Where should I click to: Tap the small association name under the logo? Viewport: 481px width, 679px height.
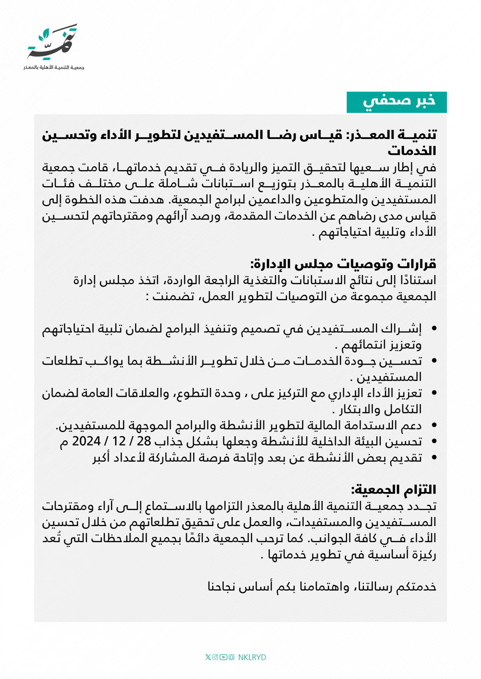pyautogui.click(x=54, y=67)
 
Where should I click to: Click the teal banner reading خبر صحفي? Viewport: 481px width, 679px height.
pyautogui.click(x=396, y=102)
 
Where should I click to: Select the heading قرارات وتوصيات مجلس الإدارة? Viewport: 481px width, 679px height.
pyautogui.click(x=343, y=264)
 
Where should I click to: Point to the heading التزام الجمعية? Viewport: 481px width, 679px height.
pyautogui.click(x=393, y=490)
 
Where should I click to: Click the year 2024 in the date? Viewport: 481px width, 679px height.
pyautogui.click(x=86, y=441)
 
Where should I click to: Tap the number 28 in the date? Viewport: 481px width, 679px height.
pyautogui.click(x=144, y=441)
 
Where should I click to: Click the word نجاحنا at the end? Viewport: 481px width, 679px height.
pyautogui.click(x=225, y=587)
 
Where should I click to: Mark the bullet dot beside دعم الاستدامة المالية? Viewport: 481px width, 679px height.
pyautogui.click(x=434, y=426)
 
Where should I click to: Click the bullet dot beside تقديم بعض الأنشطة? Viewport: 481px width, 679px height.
pyautogui.click(x=434, y=458)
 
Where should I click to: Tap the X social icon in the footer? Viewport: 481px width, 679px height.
pyautogui.click(x=208, y=657)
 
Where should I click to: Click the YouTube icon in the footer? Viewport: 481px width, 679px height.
pyautogui.click(x=223, y=657)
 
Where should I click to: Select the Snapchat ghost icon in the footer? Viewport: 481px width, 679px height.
pyautogui.click(x=231, y=657)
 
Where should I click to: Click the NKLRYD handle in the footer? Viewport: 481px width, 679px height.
pyautogui.click(x=252, y=657)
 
